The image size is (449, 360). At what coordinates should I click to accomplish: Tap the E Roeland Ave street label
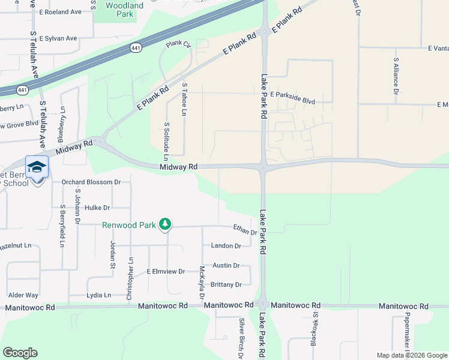tap(59, 12)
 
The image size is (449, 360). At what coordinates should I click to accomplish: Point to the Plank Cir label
tap(178, 44)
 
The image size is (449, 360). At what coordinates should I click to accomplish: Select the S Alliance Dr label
tap(396, 76)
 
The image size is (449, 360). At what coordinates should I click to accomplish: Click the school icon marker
tap(37, 167)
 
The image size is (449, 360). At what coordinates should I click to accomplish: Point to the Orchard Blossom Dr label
tap(91, 182)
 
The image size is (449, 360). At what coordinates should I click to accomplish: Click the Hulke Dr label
tap(97, 208)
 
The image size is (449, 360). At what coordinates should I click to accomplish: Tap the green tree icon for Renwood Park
tap(165, 225)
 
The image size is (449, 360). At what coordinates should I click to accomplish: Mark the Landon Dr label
tap(226, 246)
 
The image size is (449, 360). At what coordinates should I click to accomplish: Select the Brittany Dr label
tap(226, 284)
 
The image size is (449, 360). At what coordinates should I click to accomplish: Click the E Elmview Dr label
tap(166, 272)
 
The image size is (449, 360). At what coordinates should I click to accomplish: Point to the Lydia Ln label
tap(99, 295)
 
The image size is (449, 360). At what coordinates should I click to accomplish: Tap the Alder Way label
tap(23, 295)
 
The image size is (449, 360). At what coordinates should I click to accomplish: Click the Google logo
tap(20, 353)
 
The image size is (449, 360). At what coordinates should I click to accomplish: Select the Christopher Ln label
tap(130, 277)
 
